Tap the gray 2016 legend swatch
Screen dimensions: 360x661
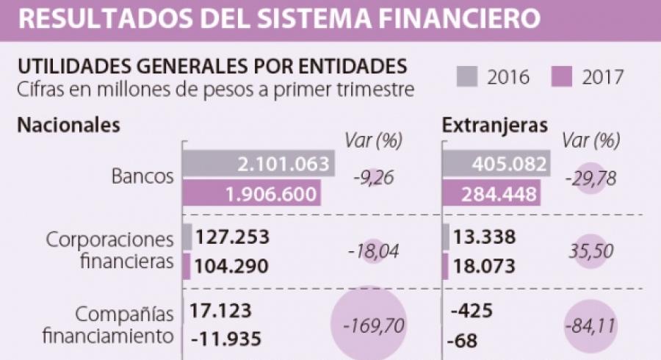click(467, 76)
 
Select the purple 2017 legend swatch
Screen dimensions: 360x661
click(562, 76)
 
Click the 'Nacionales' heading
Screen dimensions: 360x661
click(68, 124)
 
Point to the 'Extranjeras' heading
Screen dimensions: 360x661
click(494, 124)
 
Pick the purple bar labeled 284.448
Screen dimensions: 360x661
click(491, 195)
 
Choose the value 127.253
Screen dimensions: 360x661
click(234, 237)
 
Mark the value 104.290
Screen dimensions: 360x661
click(233, 267)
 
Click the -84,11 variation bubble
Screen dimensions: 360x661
click(591, 324)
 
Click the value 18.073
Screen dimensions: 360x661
click(486, 267)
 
